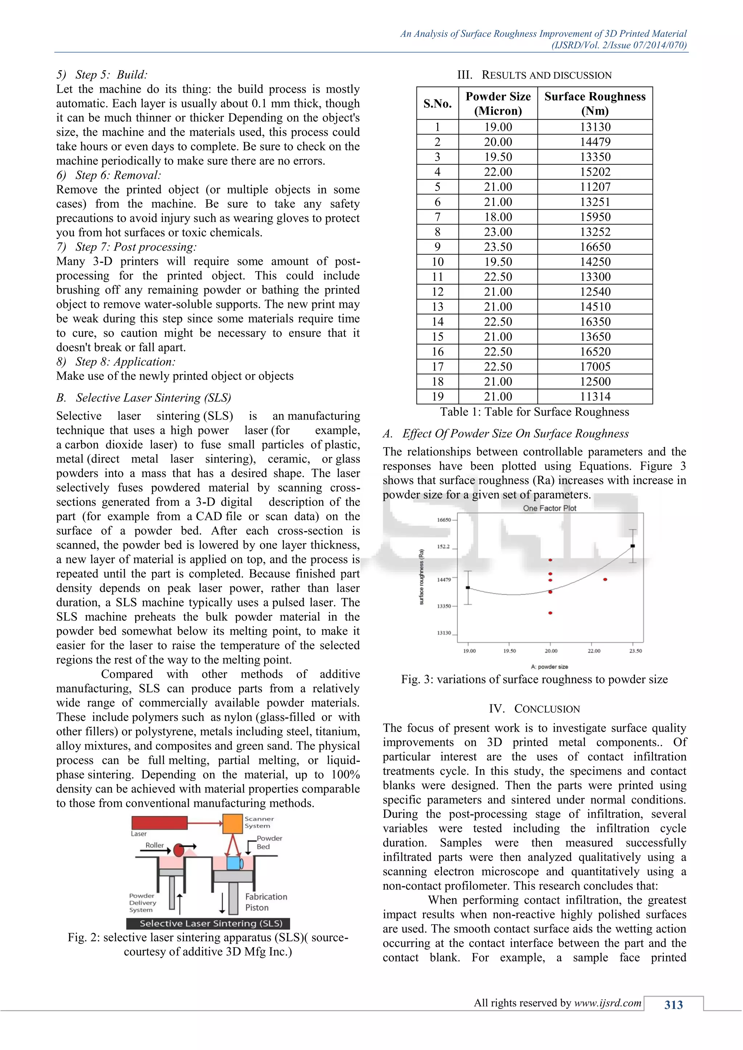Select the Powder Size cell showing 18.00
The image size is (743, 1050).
[498, 217]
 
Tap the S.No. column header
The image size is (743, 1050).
[438, 104]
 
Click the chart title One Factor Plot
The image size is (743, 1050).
[550, 508]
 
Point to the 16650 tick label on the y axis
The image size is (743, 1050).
[443, 520]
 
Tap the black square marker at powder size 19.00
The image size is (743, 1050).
[468, 588]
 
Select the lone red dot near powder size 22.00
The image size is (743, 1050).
[605, 579]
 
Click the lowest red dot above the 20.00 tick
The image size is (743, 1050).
[550, 613]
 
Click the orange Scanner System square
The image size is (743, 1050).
[233, 824]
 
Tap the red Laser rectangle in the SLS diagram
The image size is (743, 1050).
[159, 823]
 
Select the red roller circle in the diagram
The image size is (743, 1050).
[179, 850]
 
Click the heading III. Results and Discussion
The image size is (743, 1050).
[534, 75]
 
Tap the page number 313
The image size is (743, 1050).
[673, 1005]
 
